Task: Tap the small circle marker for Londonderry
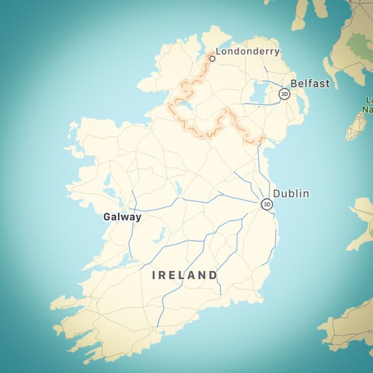(x=212, y=59)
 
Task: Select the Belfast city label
(x=310, y=84)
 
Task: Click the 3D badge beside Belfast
(x=284, y=94)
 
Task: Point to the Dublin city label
(x=291, y=194)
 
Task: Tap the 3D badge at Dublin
(x=266, y=205)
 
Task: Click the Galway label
(x=122, y=217)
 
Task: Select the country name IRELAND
(x=185, y=275)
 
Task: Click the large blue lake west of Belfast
(x=260, y=95)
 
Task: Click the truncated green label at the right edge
(x=368, y=105)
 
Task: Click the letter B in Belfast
(x=295, y=84)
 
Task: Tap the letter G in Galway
(x=107, y=217)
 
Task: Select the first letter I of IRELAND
(x=154, y=275)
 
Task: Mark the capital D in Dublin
(x=277, y=194)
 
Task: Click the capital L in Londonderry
(x=219, y=51)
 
